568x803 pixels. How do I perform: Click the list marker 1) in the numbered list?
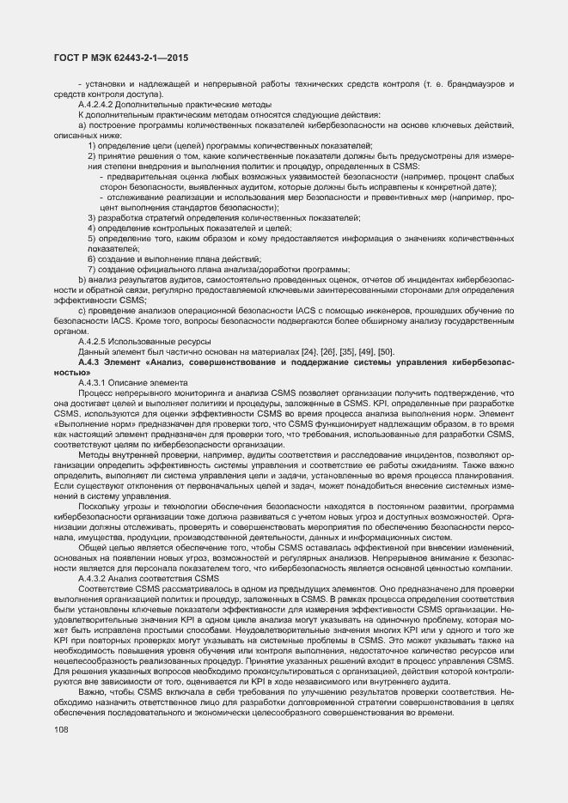[91, 145]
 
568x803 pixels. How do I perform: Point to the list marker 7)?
[91, 269]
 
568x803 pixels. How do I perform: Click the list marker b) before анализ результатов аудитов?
[82, 279]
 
